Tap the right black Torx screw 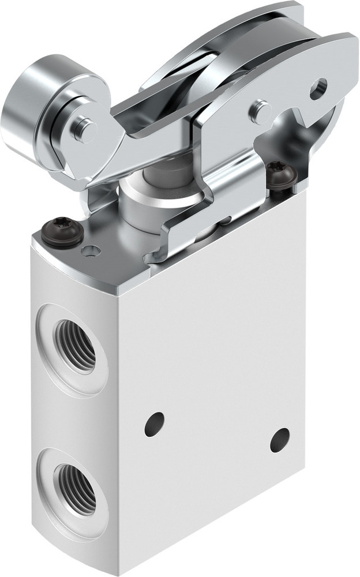coord(281,176)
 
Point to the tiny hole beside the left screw coord(91,250)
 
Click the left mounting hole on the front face coord(154,424)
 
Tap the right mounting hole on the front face coord(280,440)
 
